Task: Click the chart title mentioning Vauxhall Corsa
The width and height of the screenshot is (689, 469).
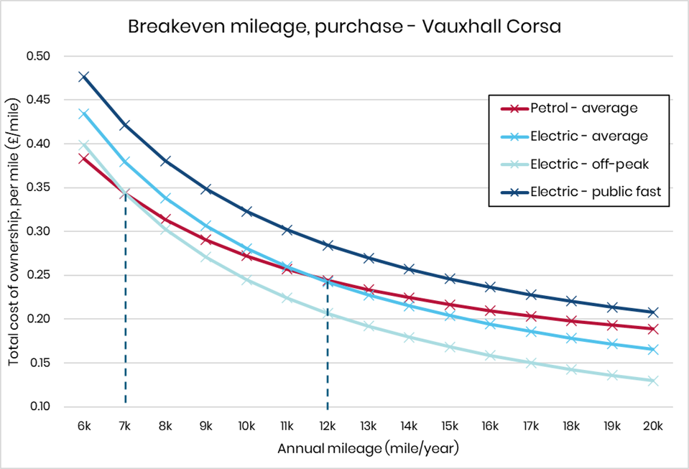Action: (344, 27)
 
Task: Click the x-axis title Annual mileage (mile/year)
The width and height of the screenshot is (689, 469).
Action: (368, 449)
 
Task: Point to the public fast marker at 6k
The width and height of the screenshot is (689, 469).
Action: (84, 76)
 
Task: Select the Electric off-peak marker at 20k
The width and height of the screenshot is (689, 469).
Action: (652, 381)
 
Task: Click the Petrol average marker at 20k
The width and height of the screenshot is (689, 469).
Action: (652, 329)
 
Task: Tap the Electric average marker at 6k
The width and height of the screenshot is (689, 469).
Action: (84, 113)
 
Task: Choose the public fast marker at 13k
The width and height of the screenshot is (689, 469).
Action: (369, 258)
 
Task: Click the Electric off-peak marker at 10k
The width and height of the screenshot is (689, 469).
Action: (246, 280)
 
